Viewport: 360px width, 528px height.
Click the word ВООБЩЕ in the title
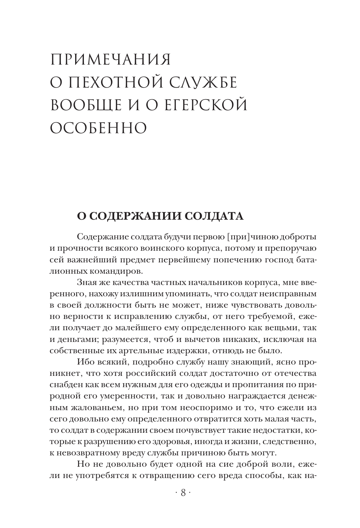click(84, 105)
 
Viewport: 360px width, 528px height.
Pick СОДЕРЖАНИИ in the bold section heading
click(134, 216)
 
